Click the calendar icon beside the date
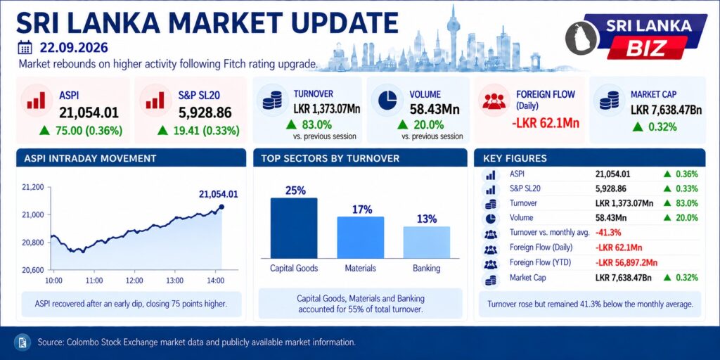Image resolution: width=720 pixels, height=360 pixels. click(x=25, y=47)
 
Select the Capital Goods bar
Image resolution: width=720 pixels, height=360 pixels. click(x=294, y=229)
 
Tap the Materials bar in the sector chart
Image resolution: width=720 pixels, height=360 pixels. click(x=361, y=238)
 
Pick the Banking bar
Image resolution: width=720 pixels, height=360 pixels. click(x=427, y=243)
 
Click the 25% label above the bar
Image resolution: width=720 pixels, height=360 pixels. click(x=295, y=190)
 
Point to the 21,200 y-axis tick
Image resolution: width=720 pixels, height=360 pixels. click(x=32, y=187)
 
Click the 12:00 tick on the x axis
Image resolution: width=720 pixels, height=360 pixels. click(x=134, y=281)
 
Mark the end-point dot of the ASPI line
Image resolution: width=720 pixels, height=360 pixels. click(x=221, y=207)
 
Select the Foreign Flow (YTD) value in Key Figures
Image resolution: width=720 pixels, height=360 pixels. click(x=626, y=263)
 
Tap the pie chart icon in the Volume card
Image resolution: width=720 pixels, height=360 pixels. click(x=387, y=101)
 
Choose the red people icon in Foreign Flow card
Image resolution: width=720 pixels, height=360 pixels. click(x=494, y=101)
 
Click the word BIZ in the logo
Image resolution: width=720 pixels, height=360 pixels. click(x=647, y=47)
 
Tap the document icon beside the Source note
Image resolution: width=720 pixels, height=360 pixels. click(x=21, y=342)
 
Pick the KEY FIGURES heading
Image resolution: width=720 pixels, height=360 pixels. click(x=515, y=159)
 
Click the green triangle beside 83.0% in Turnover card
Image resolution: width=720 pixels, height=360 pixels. click(x=290, y=124)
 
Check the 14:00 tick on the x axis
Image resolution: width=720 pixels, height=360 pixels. click(x=215, y=281)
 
